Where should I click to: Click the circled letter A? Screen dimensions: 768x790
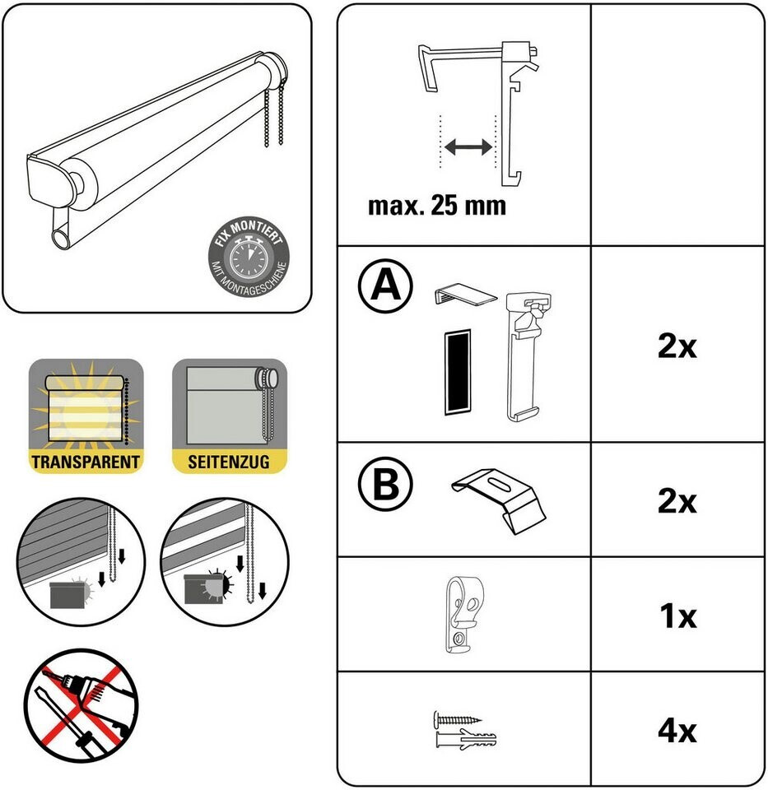[x=385, y=286]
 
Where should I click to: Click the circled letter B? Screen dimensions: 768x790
[x=385, y=484]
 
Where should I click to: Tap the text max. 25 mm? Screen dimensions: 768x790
[x=437, y=206]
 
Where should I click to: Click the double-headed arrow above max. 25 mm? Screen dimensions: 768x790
[x=468, y=146]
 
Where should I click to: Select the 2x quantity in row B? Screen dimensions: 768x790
[x=677, y=501]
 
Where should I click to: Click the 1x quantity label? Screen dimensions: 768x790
[x=677, y=616]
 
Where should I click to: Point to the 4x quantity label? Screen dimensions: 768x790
[x=677, y=730]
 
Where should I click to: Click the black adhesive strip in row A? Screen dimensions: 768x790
[x=458, y=372]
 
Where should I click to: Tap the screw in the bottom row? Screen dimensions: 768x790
[x=457, y=718]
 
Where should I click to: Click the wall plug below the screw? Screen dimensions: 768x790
[x=465, y=739]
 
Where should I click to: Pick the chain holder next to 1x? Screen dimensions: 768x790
[x=463, y=614]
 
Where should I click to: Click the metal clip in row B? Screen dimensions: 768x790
[x=499, y=500]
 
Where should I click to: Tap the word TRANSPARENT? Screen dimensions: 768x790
[x=86, y=462]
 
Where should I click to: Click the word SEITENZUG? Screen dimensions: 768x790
[x=229, y=462]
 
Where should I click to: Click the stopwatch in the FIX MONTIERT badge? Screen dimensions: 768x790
[x=248, y=258]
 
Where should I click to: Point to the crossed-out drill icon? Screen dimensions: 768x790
[x=81, y=705]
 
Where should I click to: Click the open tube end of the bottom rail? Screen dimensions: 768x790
[x=63, y=238]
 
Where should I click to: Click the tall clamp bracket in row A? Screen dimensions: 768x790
[x=527, y=355]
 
